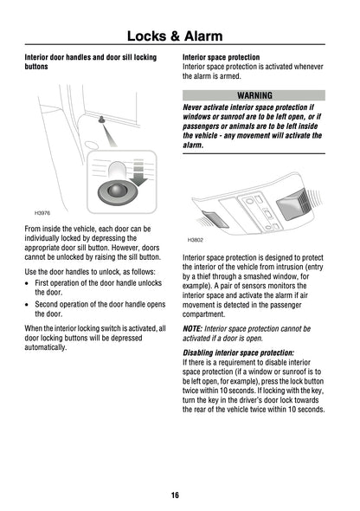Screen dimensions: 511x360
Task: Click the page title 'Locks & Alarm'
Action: (x=179, y=36)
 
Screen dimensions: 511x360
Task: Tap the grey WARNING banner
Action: (x=254, y=95)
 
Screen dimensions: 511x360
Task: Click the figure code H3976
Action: (x=42, y=212)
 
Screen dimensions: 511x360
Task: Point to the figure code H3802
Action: (x=196, y=240)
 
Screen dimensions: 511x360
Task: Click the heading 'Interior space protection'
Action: (x=221, y=57)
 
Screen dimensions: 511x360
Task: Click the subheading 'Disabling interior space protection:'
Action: (x=238, y=353)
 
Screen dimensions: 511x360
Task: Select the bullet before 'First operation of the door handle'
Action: (x=29, y=283)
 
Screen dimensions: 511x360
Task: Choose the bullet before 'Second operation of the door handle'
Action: (x=29, y=306)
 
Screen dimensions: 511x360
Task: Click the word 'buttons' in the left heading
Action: (x=38, y=67)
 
